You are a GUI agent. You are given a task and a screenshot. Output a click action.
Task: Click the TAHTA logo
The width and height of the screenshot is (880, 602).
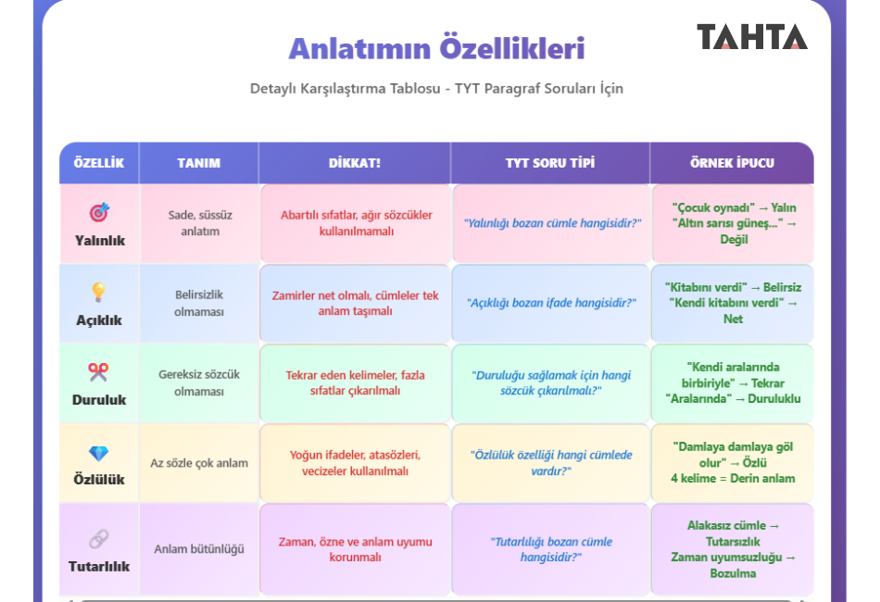[x=752, y=36]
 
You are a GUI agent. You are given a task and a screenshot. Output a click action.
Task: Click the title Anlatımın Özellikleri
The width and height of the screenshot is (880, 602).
[x=436, y=47]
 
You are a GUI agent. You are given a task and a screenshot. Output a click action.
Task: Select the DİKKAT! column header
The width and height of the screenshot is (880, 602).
[x=354, y=163]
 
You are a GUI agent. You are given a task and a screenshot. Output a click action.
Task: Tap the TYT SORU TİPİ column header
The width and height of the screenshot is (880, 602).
[x=550, y=163]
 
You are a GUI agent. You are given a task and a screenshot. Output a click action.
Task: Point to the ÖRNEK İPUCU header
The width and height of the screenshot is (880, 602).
[x=732, y=163]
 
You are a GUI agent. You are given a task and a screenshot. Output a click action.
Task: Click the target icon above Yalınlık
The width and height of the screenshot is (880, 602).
[x=99, y=212]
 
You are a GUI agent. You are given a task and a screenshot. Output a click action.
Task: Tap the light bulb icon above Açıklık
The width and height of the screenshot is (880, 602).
[x=99, y=293]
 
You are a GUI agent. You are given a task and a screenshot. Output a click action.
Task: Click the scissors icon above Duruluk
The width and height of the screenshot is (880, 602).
[x=98, y=372]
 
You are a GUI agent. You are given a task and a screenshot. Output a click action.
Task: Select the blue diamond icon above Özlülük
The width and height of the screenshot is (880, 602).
[x=99, y=453]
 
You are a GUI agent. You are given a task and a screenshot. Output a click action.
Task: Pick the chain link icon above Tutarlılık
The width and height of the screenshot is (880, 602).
[x=99, y=539]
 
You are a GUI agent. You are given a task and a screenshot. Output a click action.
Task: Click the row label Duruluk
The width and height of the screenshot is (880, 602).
[x=99, y=399]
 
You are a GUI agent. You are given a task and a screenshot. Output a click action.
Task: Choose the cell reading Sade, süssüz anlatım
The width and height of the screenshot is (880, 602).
[x=200, y=222]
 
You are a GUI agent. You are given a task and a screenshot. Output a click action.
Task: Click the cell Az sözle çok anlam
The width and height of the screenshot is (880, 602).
[x=199, y=463]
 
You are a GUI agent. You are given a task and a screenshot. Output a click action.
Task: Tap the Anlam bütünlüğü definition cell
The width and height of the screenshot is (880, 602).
[x=199, y=548]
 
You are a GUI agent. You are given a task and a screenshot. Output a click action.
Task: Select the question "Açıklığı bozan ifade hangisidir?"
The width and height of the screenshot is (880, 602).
[x=551, y=303]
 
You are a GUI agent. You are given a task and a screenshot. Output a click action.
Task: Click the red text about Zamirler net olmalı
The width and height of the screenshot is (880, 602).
[x=356, y=303]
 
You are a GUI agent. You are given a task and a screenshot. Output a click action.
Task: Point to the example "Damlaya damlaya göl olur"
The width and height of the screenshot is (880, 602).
[x=733, y=455]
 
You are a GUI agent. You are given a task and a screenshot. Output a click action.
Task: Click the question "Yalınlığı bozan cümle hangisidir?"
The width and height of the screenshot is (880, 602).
[x=552, y=222]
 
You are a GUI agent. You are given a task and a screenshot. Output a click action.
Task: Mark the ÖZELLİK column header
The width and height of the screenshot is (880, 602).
[x=99, y=163]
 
